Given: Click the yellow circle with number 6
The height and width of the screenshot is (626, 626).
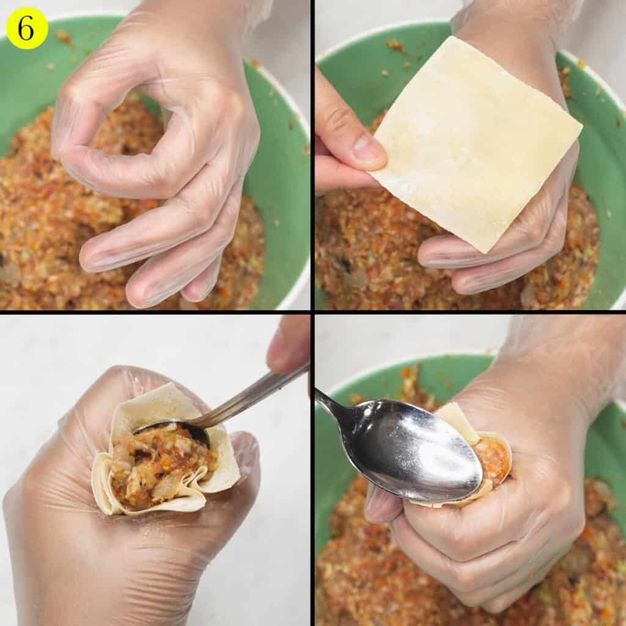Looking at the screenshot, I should pyautogui.click(x=27, y=28).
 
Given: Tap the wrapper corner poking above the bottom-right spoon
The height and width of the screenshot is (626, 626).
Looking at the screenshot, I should pyautogui.click(x=455, y=416).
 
